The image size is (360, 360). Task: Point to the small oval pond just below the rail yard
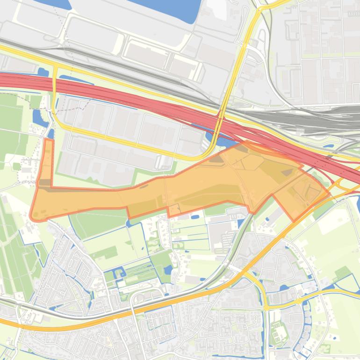tap(330, 145)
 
